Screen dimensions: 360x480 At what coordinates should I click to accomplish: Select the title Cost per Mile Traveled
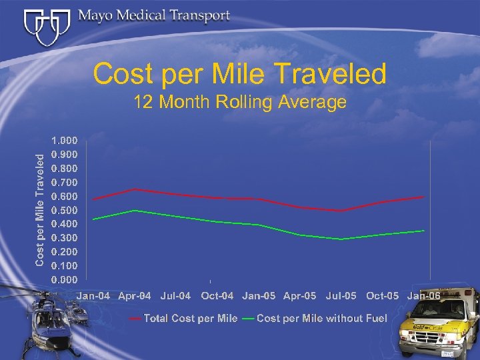(239, 74)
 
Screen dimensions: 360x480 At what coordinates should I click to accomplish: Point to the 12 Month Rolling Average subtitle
(239, 102)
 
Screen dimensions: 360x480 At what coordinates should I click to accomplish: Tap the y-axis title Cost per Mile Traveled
(41, 209)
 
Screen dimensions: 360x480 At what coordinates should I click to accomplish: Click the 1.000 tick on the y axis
(65, 141)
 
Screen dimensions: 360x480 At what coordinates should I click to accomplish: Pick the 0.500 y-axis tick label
(65, 210)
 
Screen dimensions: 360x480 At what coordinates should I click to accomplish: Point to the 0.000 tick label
(65, 279)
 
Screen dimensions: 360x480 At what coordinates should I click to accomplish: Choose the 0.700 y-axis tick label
(65, 182)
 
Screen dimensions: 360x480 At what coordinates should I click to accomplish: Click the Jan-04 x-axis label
(94, 295)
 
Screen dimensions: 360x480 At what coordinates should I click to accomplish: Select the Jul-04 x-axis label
(175, 295)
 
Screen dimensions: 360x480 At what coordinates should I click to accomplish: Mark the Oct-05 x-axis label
(383, 295)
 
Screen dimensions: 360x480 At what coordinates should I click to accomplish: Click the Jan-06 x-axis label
(423, 295)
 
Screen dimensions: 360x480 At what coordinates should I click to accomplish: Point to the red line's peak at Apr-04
(135, 189)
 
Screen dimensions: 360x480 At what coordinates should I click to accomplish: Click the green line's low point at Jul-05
(341, 239)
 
